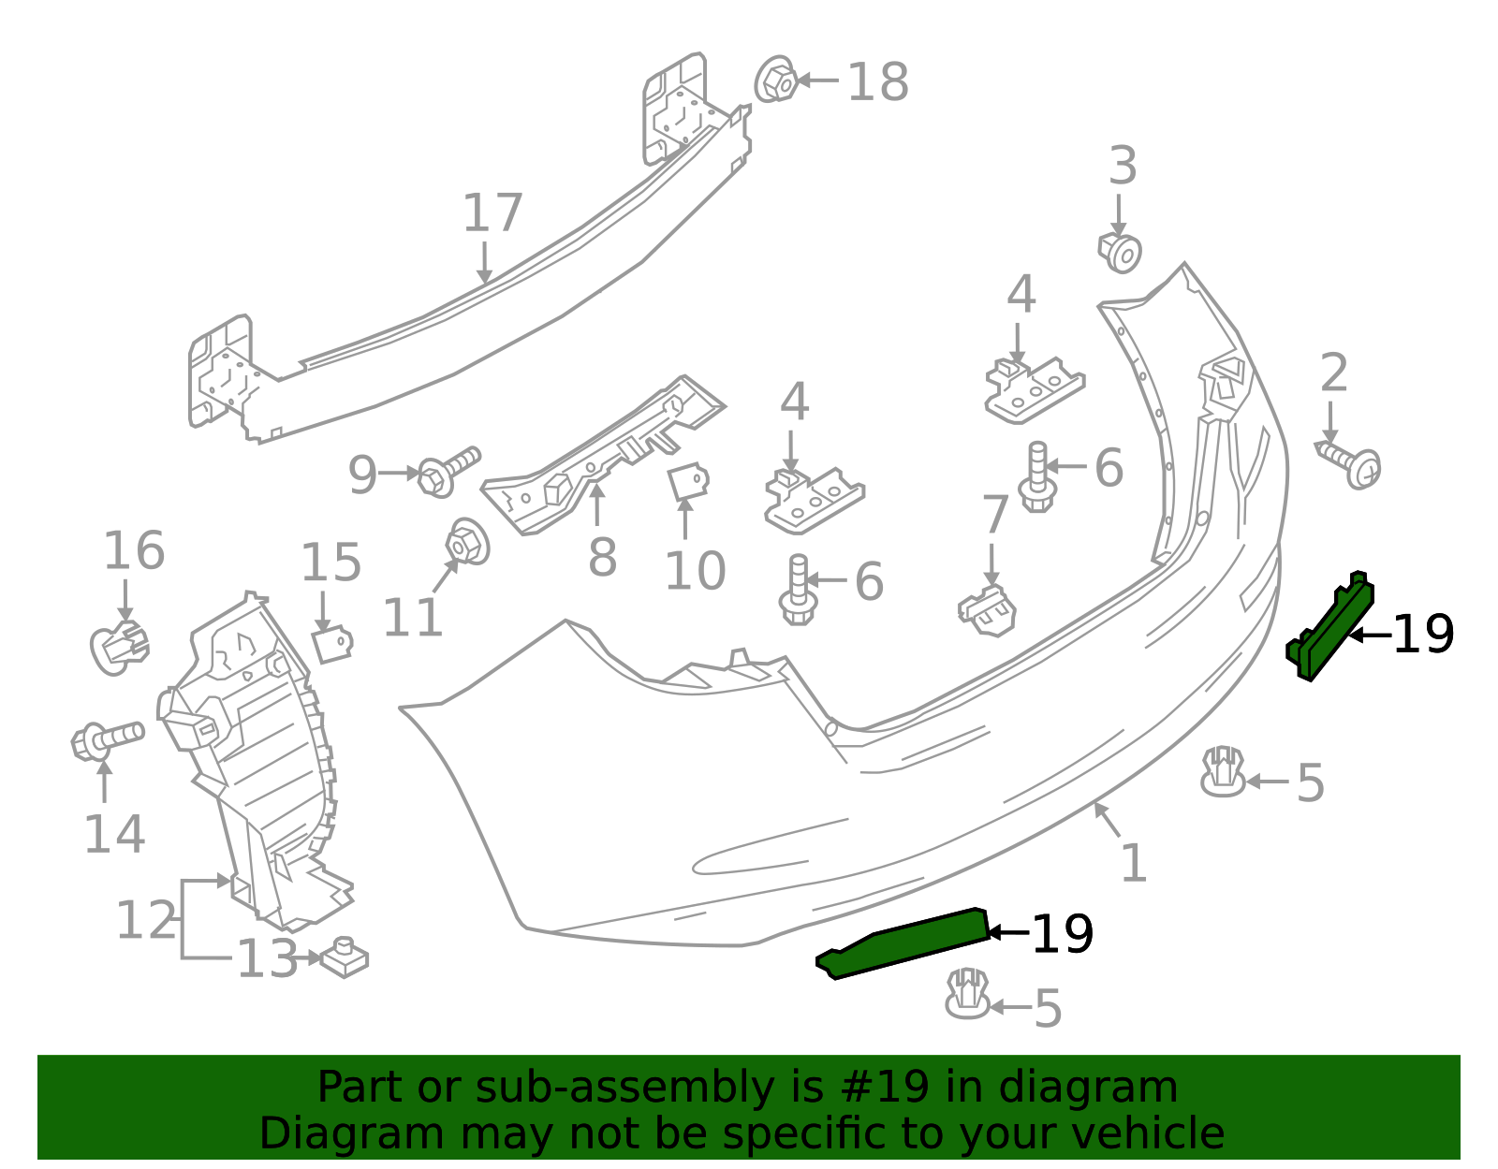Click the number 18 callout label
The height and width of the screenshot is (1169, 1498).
[x=877, y=82]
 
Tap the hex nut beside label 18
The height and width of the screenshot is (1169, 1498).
[x=777, y=81]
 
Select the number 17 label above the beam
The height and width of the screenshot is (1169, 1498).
[x=492, y=213]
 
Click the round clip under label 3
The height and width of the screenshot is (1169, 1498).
[x=1121, y=253]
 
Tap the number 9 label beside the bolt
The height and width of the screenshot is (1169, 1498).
[x=362, y=475]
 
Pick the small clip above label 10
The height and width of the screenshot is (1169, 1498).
[x=688, y=482]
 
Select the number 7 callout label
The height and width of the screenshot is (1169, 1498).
[x=994, y=515]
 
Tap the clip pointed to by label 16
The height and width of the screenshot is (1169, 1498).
[x=119, y=647]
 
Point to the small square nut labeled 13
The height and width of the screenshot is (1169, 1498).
[x=344, y=959]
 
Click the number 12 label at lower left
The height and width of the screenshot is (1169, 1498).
[x=145, y=920]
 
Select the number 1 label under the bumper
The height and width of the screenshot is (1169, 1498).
[x=1133, y=862]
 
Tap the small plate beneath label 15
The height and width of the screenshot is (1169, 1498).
[x=331, y=645]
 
